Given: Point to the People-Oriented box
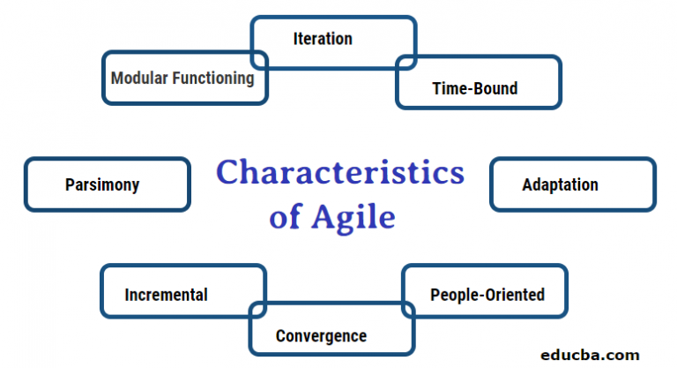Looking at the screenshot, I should point(486,294).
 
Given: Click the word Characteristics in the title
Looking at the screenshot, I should point(340,172).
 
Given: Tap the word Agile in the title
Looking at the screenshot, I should point(352,217).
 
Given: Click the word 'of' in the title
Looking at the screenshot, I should point(285,217).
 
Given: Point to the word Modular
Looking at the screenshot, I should point(139,79).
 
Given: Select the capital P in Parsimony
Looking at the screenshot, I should point(70,184).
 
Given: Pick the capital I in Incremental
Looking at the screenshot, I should point(128,294).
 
